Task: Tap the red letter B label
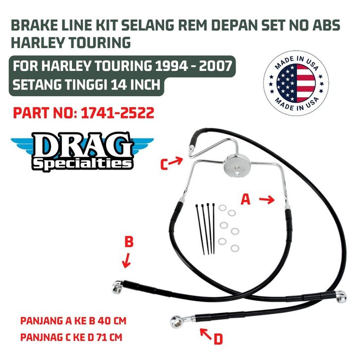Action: pos(129,241)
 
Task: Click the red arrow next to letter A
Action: pos(266,200)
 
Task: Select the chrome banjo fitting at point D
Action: pos(176,318)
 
